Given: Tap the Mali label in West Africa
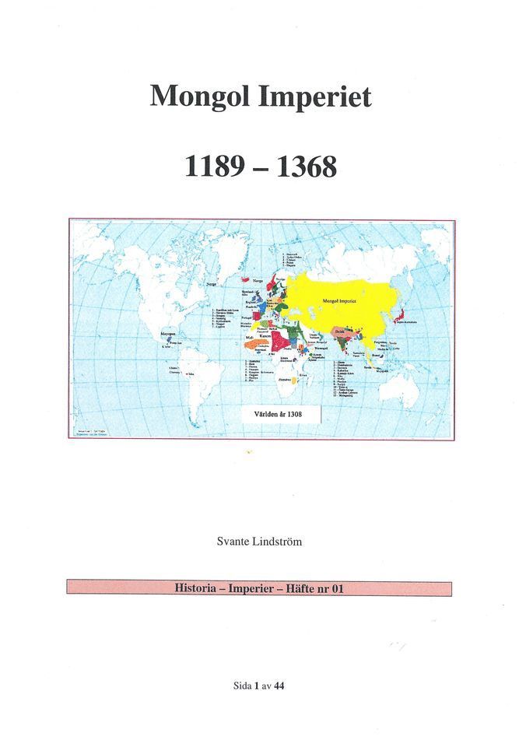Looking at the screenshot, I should click(x=248, y=336).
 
